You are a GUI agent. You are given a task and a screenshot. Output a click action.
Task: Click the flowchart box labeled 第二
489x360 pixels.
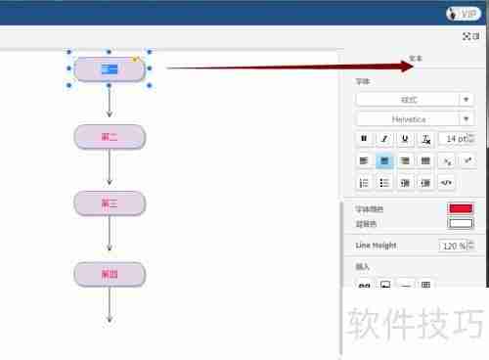click(x=110, y=136)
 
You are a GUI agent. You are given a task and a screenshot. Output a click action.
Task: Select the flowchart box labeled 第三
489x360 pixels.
click(x=110, y=203)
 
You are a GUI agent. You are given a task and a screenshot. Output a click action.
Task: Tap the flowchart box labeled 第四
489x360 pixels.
click(x=110, y=274)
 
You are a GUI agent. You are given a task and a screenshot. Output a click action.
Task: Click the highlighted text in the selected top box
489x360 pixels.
click(x=109, y=68)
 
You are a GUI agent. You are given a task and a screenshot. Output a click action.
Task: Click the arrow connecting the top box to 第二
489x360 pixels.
click(x=110, y=102)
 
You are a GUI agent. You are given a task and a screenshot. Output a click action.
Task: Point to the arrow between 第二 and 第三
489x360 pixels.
click(x=110, y=169)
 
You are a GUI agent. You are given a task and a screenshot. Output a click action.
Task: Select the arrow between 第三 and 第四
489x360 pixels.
click(x=110, y=239)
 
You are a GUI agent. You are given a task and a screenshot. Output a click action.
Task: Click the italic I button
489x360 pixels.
click(x=384, y=139)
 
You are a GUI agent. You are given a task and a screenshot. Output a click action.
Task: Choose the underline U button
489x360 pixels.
click(x=405, y=139)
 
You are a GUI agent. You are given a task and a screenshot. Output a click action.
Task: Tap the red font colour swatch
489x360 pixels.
click(x=460, y=208)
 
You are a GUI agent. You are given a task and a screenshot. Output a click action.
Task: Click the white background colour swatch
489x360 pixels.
click(x=460, y=223)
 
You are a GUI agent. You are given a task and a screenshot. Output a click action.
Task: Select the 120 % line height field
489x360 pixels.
click(x=454, y=246)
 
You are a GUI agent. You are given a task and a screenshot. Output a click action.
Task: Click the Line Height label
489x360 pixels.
click(x=375, y=246)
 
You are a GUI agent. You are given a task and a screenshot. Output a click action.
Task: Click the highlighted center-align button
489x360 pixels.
click(x=384, y=160)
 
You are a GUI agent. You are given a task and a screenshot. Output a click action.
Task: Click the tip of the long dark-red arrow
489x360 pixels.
click(x=415, y=67)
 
